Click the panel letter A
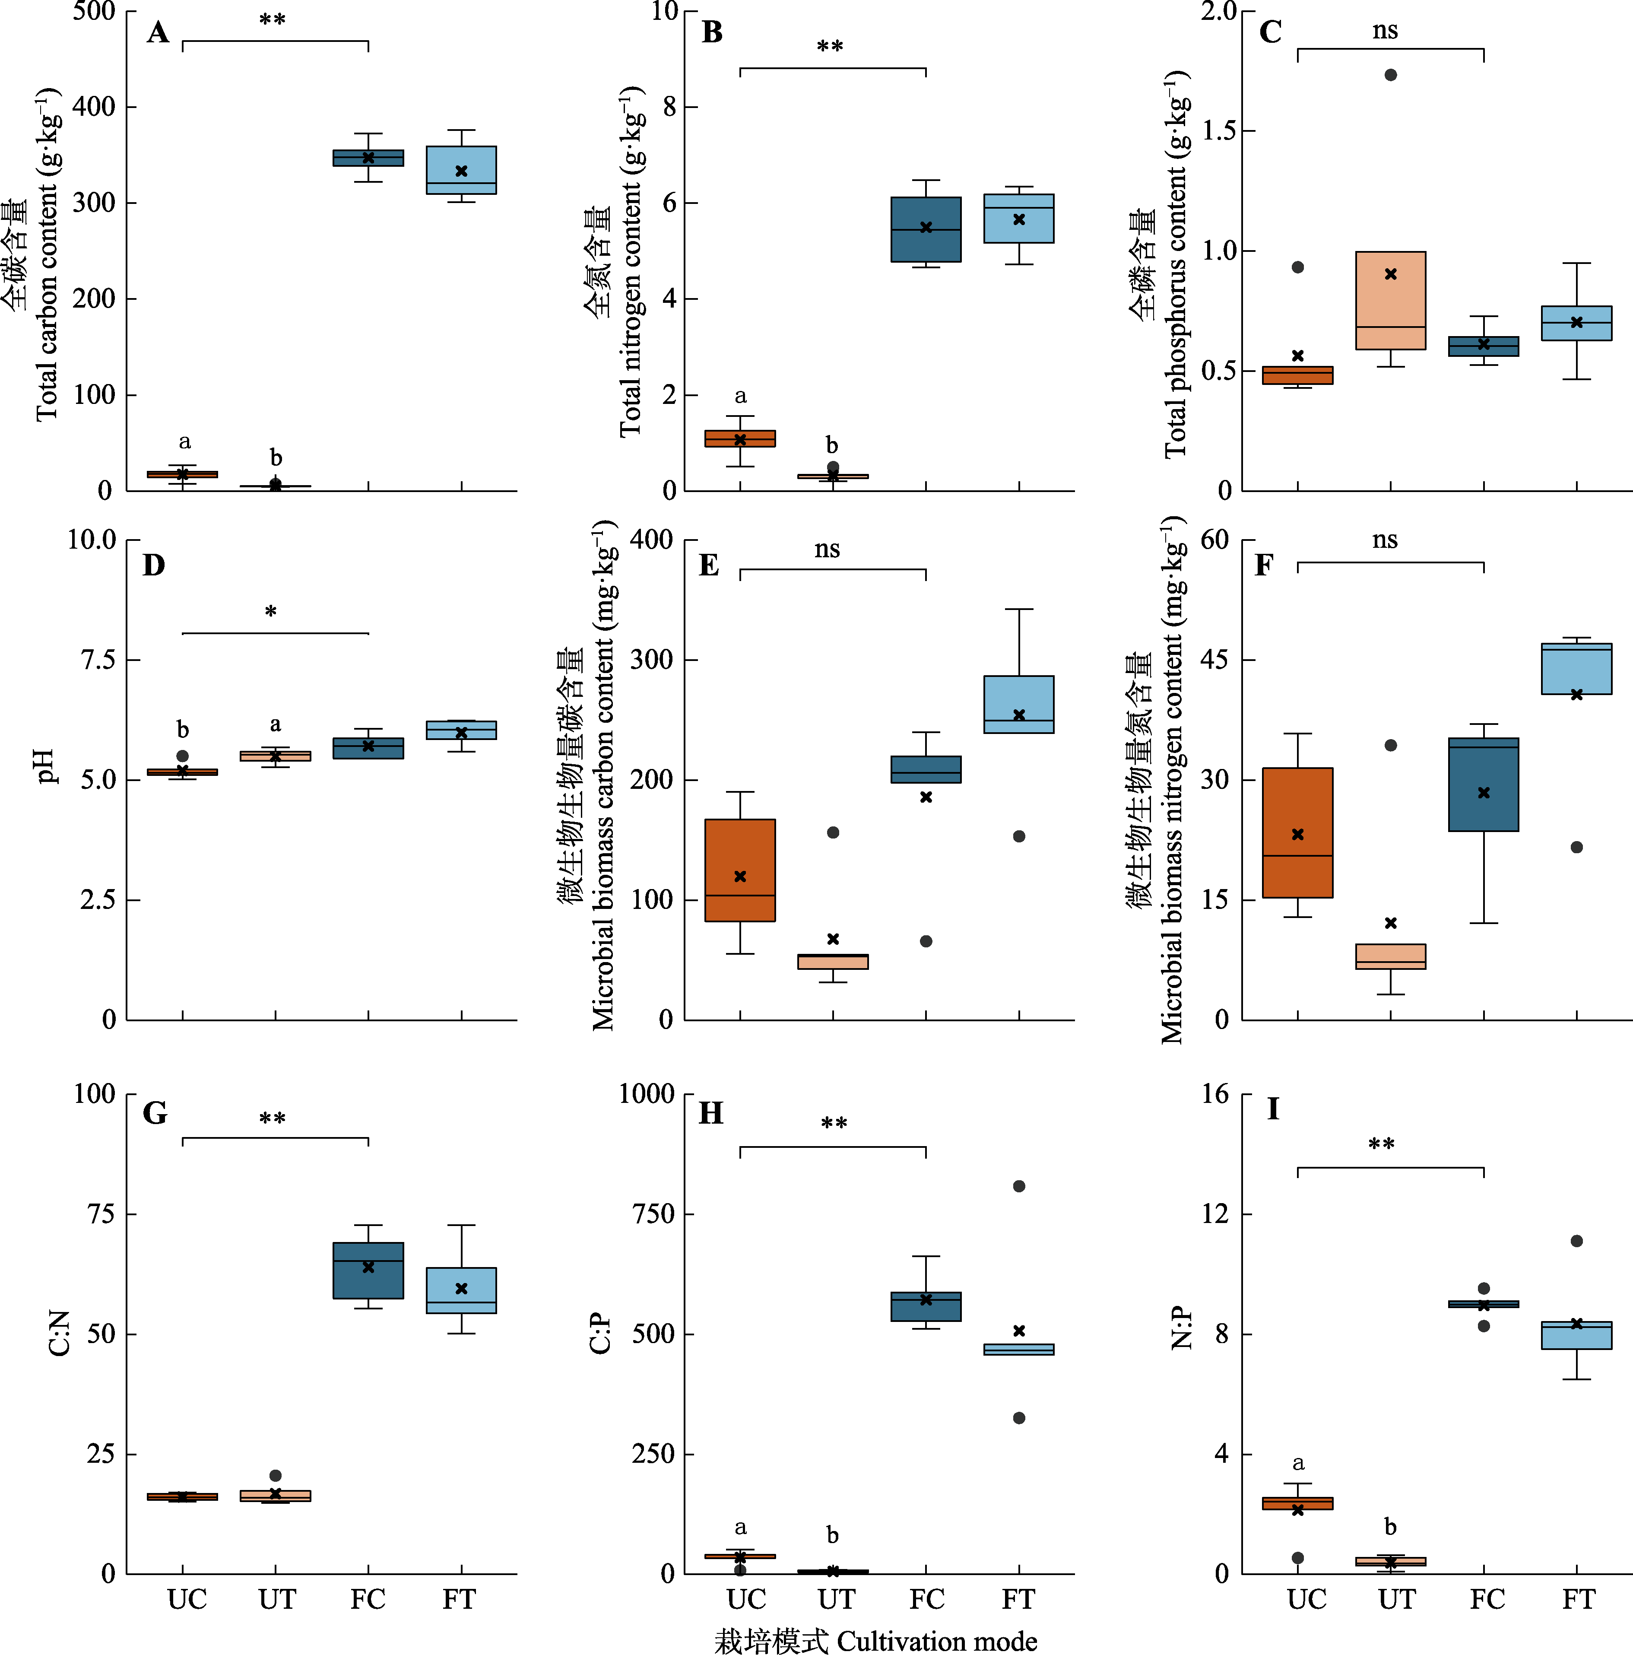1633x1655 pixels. point(158,32)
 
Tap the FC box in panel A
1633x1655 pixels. point(368,158)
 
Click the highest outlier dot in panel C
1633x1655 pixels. point(1391,75)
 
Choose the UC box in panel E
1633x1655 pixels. point(740,870)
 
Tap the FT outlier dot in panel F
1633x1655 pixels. point(1576,847)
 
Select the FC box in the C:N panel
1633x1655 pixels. point(368,1271)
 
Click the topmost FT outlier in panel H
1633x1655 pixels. point(1019,1186)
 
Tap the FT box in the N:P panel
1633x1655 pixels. point(1576,1335)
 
